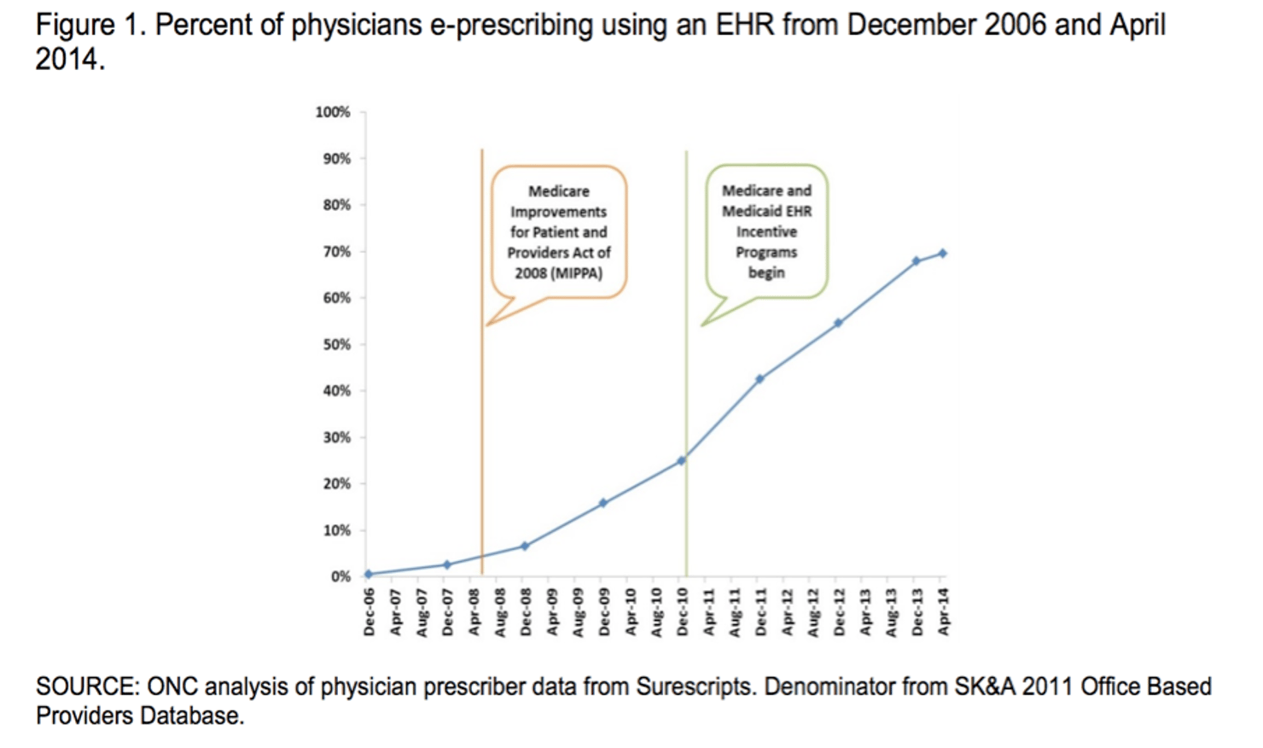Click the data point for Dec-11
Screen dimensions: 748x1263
pos(760,379)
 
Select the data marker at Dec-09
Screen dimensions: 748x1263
pos(602,504)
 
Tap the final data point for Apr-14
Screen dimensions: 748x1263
pos(942,254)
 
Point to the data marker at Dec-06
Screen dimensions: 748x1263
pos(368,574)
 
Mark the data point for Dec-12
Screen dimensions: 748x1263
pos(838,323)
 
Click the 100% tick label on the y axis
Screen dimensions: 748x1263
pos(333,113)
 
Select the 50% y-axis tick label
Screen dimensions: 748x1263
pos(335,345)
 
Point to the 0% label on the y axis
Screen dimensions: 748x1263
pos(340,577)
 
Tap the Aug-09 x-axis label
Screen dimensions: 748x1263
pos(578,612)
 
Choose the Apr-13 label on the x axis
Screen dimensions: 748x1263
pos(864,612)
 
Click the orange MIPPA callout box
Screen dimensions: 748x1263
pos(558,232)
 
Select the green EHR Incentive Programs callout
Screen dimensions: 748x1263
pos(766,231)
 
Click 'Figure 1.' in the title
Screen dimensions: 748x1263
pos(90,26)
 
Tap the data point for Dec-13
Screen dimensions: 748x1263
pos(916,261)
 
